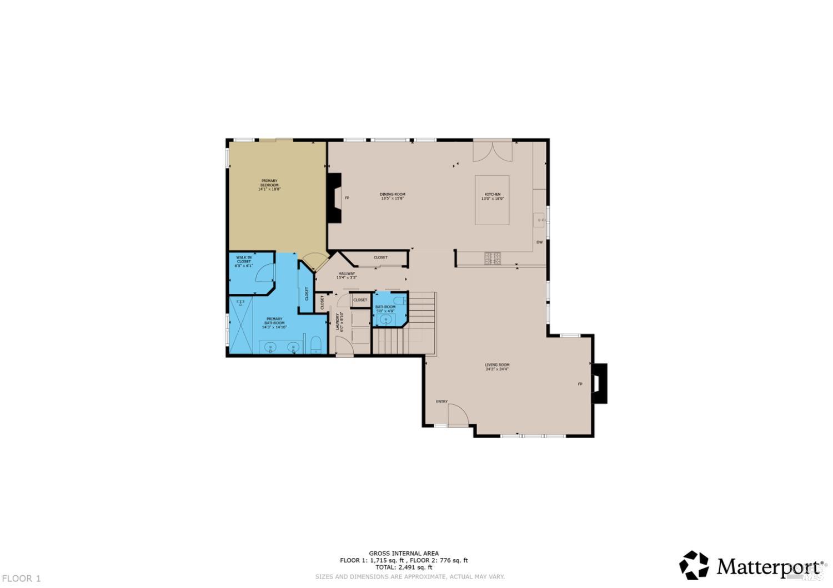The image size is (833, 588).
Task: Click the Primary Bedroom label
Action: pos(269,185)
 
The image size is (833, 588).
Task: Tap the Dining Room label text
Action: pos(392,196)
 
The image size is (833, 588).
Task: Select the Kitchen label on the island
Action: pos(492,196)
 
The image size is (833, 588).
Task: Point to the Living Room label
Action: pos(497,367)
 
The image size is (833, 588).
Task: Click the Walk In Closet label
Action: pos(244,261)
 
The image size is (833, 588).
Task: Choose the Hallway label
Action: pos(347,275)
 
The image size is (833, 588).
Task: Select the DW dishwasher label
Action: pos(539,242)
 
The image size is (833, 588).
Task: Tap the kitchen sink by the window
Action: pos(538,220)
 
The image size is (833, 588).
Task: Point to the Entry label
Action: pos(441,402)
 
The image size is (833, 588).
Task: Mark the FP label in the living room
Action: pos(580,384)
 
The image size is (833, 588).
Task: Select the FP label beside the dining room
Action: pos(347,198)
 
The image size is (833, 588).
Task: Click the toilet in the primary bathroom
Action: pos(315,346)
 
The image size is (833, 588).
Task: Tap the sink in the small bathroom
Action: pos(386,319)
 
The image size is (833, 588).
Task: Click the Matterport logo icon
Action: pos(694,565)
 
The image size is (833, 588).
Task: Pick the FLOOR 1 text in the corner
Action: pos(21,579)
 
